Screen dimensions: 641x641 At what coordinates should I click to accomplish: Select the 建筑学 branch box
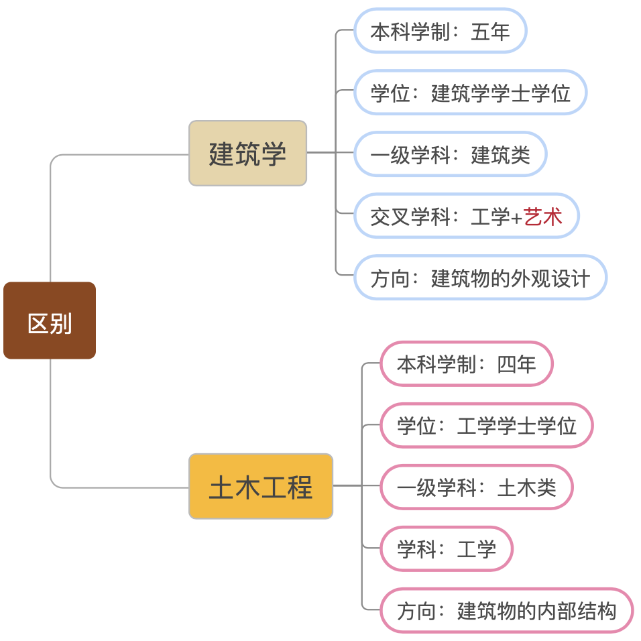pyautogui.click(x=247, y=153)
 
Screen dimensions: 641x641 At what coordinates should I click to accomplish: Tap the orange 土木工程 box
pyautogui.click(x=261, y=486)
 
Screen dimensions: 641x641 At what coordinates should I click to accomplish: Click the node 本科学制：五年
pyautogui.click(x=440, y=31)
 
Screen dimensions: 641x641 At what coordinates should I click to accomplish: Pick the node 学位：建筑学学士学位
pyautogui.click(x=470, y=93)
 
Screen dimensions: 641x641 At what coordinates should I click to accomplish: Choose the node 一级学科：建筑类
pyautogui.click(x=450, y=154)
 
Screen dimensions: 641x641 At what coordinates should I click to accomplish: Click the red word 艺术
pyautogui.click(x=543, y=216)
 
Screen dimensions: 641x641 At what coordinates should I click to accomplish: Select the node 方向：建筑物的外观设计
pyautogui.click(x=480, y=278)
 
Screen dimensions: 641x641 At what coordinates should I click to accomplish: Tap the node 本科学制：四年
pyautogui.click(x=467, y=363)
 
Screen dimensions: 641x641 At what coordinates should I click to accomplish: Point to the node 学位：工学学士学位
pyautogui.click(x=486, y=425)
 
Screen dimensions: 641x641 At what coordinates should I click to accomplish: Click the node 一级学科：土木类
pyautogui.click(x=477, y=487)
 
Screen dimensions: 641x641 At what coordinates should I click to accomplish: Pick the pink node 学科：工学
pyautogui.click(x=447, y=548)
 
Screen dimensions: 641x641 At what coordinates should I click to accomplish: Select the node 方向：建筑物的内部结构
pyautogui.click(x=506, y=610)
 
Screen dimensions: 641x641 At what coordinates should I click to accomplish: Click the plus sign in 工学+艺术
pyautogui.click(x=516, y=217)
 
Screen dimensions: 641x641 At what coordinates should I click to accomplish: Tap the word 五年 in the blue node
pyautogui.click(x=490, y=31)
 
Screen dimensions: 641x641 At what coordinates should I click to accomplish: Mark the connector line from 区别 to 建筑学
pyautogui.click(x=51, y=215)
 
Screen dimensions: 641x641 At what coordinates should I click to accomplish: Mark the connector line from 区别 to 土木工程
pyautogui.click(x=51, y=429)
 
